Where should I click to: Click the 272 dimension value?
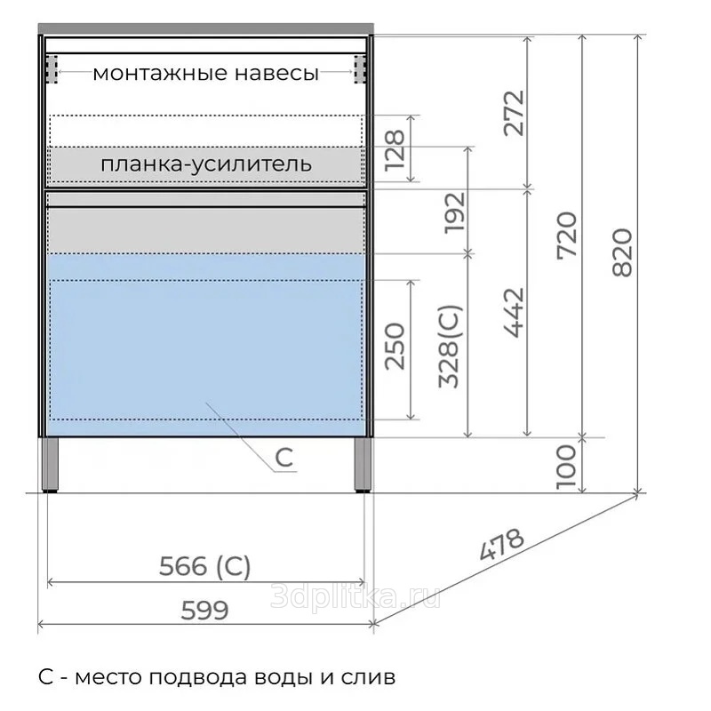tap(514, 114)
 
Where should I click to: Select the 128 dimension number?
tap(395, 150)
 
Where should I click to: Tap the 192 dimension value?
tap(455, 213)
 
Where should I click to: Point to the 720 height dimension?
tap(567, 236)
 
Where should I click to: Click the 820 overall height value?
tap(622, 252)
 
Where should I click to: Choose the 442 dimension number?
tap(515, 313)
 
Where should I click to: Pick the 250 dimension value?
tap(395, 347)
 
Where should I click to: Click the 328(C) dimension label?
tap(451, 347)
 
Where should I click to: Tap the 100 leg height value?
tap(566, 467)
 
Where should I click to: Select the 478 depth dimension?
tap(501, 544)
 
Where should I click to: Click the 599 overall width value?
tap(204, 611)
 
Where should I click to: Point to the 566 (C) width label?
tap(204, 567)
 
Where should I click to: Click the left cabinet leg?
tap(51, 464)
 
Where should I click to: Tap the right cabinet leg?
tap(363, 464)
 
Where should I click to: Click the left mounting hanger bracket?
tap(52, 69)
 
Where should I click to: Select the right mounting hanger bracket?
tap(360, 69)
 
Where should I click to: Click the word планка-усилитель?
tap(206, 164)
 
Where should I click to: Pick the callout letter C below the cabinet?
tap(284, 458)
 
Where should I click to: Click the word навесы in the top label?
tap(277, 73)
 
